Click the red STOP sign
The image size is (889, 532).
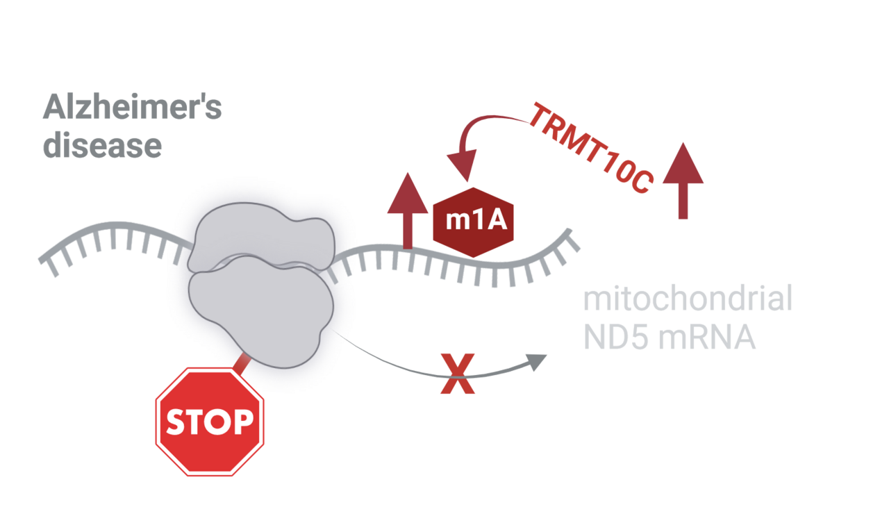pos(209,422)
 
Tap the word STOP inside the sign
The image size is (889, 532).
pos(209,422)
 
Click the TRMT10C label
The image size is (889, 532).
pos(591,147)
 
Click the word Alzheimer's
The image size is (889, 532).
pos(132,109)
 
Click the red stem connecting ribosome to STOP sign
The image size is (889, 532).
pos(241,363)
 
